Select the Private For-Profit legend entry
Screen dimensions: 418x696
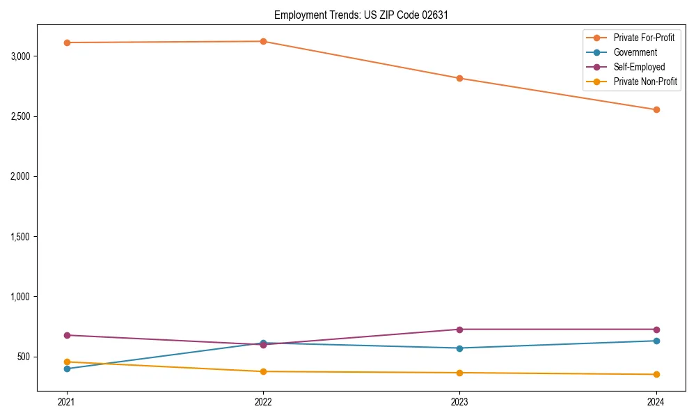(x=644, y=38)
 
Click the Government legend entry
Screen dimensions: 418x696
(x=635, y=52)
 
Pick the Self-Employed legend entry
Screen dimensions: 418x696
(x=639, y=67)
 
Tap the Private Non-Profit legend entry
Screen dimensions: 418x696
(x=645, y=82)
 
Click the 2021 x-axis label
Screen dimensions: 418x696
(x=67, y=401)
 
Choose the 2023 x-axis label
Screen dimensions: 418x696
(x=459, y=401)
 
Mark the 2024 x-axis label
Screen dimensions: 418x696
(x=656, y=401)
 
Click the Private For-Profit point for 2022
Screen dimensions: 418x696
(x=263, y=41)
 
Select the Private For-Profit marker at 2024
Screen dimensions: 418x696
(x=656, y=109)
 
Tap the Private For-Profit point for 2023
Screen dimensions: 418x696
(x=459, y=78)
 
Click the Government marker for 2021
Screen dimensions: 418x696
(x=67, y=369)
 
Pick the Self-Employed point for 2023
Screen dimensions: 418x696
(x=459, y=330)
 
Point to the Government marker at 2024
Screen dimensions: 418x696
(x=656, y=341)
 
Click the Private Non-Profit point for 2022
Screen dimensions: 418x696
(x=263, y=371)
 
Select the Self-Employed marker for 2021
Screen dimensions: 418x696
(x=67, y=335)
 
